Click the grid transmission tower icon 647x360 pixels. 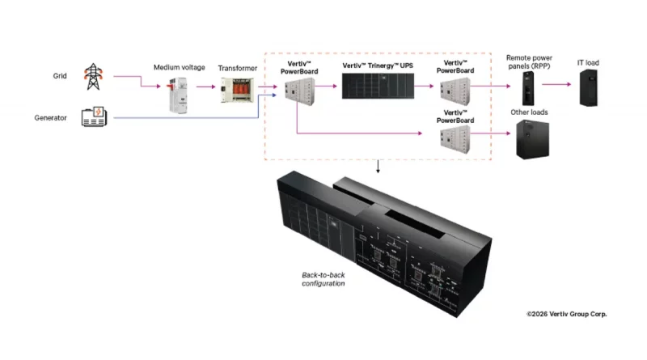point(93,76)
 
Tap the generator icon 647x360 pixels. point(94,116)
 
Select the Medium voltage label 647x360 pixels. point(179,67)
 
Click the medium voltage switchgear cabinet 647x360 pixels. point(178,95)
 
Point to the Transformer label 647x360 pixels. point(237,68)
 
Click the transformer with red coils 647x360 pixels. point(237,90)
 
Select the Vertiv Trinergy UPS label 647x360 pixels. point(378,66)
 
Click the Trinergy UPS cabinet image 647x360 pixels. point(378,86)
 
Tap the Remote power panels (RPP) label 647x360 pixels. point(529,62)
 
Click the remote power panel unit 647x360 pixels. point(528,88)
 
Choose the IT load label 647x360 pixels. point(588,63)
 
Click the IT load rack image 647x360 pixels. point(589,88)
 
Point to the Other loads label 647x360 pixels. point(529,112)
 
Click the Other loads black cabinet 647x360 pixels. point(533,139)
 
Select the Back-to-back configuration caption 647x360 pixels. point(323,279)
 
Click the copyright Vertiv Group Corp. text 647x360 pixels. point(567,314)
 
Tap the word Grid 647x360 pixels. point(60,76)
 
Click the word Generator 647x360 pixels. point(50,118)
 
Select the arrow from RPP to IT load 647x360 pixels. point(556,84)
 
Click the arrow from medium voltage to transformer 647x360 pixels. point(206,87)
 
